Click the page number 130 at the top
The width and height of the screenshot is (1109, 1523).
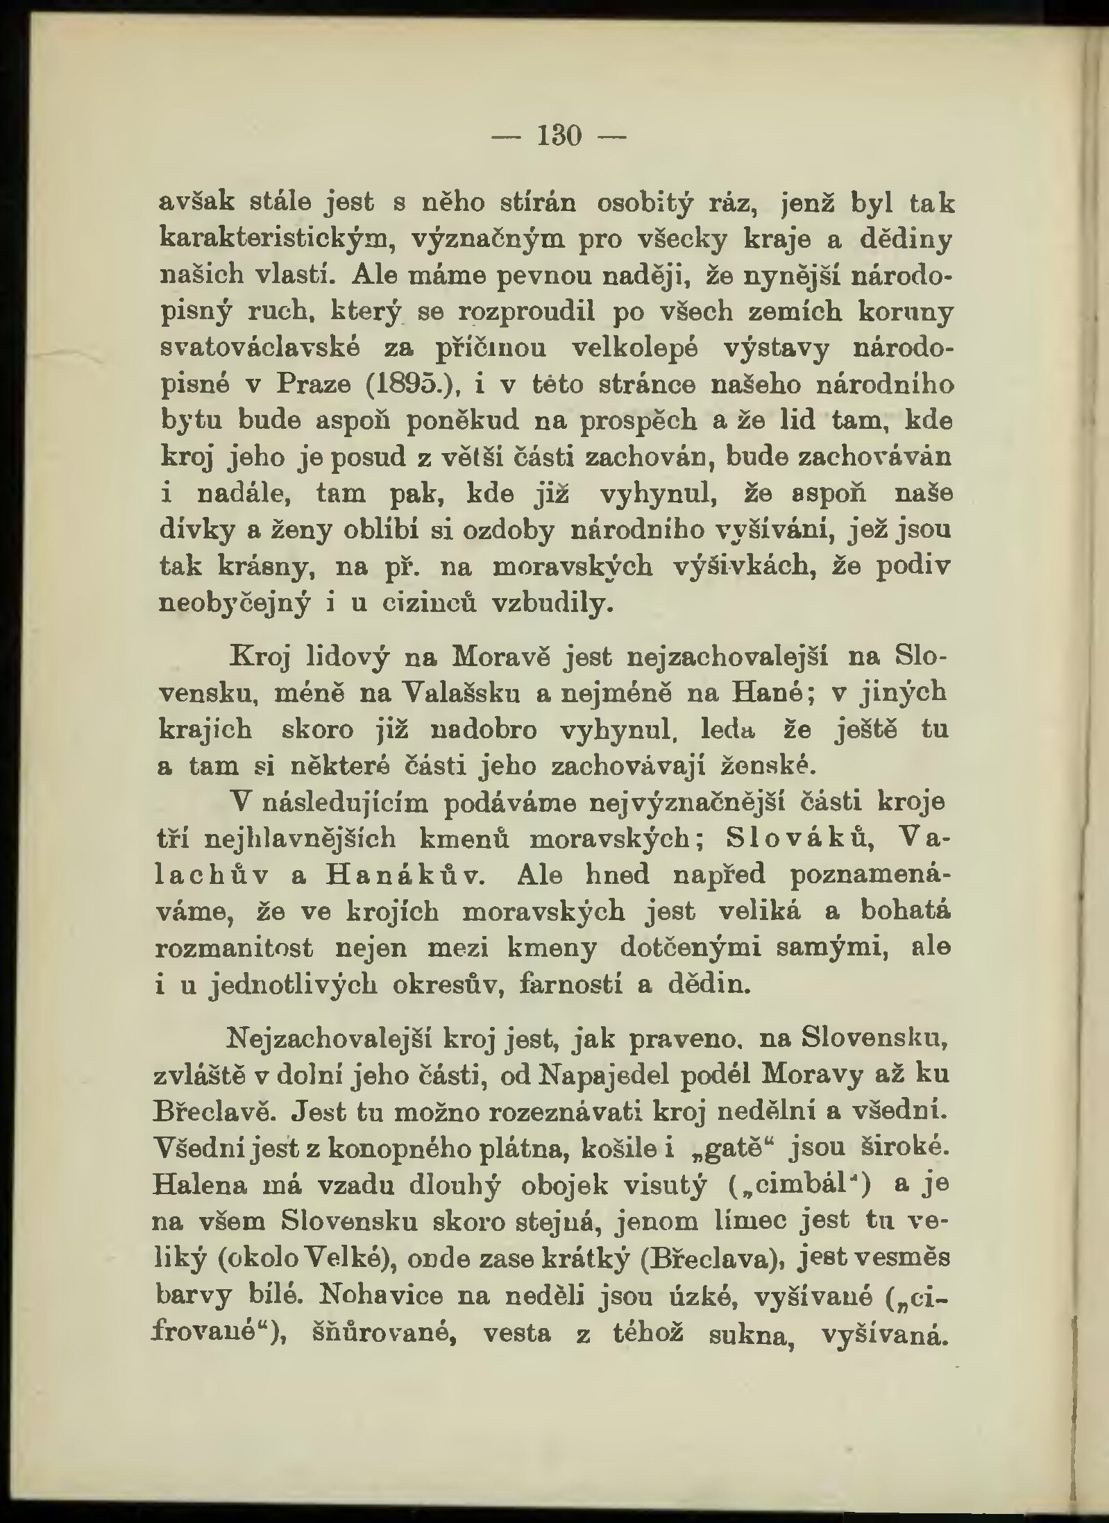[x=559, y=136]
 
